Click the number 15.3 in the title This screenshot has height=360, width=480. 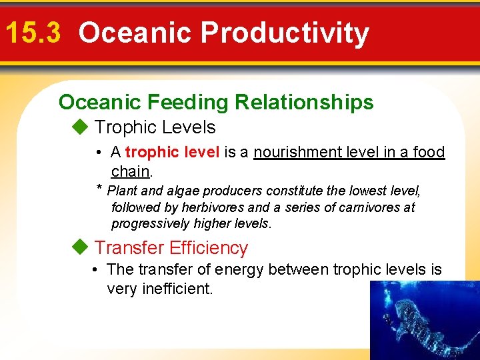(x=33, y=33)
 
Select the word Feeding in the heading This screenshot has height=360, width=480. (x=185, y=102)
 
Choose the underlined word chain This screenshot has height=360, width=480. (x=131, y=171)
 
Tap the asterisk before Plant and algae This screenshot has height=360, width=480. (x=99, y=189)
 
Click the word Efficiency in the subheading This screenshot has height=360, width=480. (x=208, y=248)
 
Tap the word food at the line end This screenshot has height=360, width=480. (x=429, y=152)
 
